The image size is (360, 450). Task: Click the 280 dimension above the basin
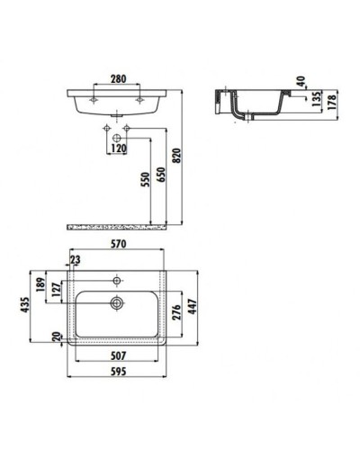pos(117,79)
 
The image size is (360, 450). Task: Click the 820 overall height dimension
pos(188,153)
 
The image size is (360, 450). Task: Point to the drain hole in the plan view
pos(117,302)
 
